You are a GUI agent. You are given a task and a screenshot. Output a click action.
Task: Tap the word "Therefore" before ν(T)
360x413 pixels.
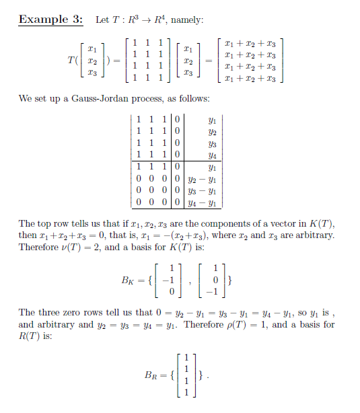pos(38,246)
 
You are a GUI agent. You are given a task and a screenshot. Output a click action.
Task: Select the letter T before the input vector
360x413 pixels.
pos(71,61)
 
